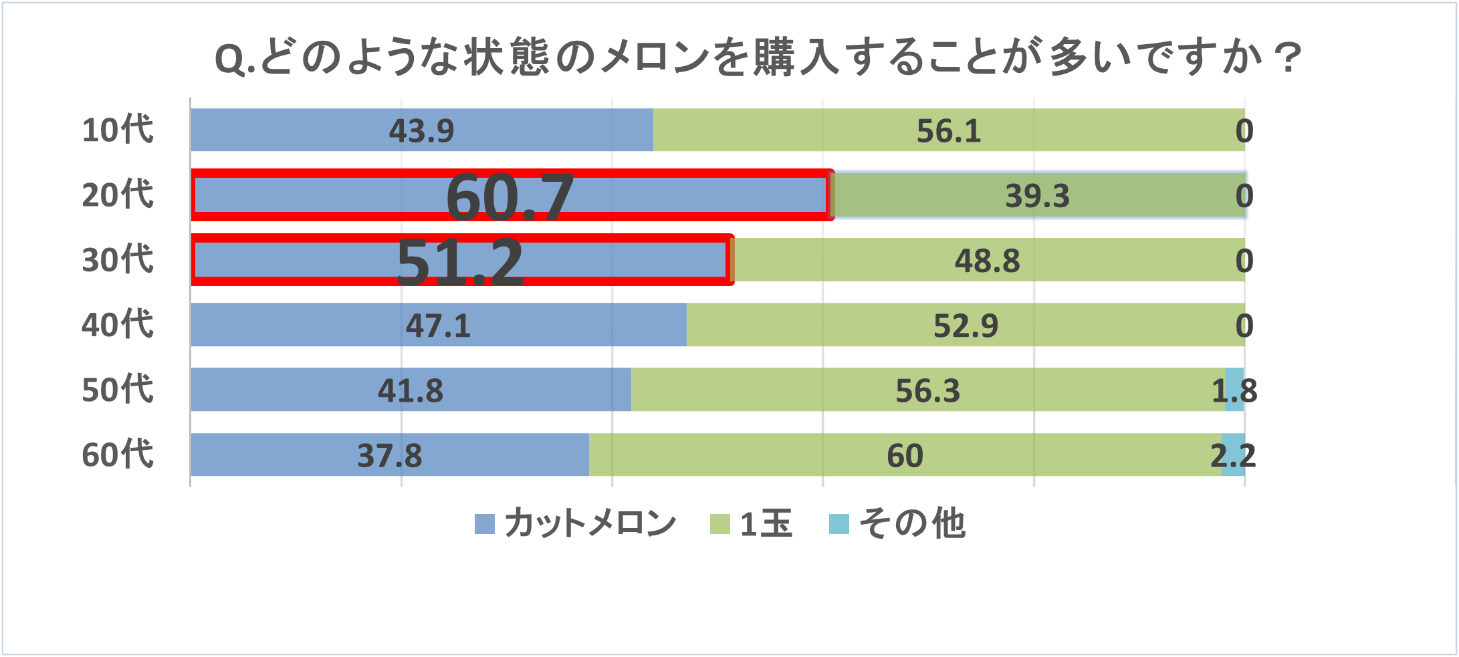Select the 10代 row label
(x=118, y=130)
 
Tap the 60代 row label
(x=118, y=454)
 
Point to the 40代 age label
(x=118, y=325)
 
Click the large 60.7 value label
(x=510, y=197)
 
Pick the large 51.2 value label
(x=460, y=262)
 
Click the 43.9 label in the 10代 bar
(x=421, y=131)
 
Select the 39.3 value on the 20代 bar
(x=1037, y=196)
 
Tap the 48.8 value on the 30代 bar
(x=987, y=261)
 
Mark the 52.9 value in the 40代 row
(x=966, y=325)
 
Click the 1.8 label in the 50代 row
(x=1234, y=390)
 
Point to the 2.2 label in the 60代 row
(x=1233, y=456)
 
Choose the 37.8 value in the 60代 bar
(x=390, y=456)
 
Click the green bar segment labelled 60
(x=905, y=456)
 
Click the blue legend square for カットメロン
(x=484, y=524)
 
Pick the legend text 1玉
(x=766, y=524)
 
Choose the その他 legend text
(x=911, y=524)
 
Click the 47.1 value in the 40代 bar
(x=438, y=325)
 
